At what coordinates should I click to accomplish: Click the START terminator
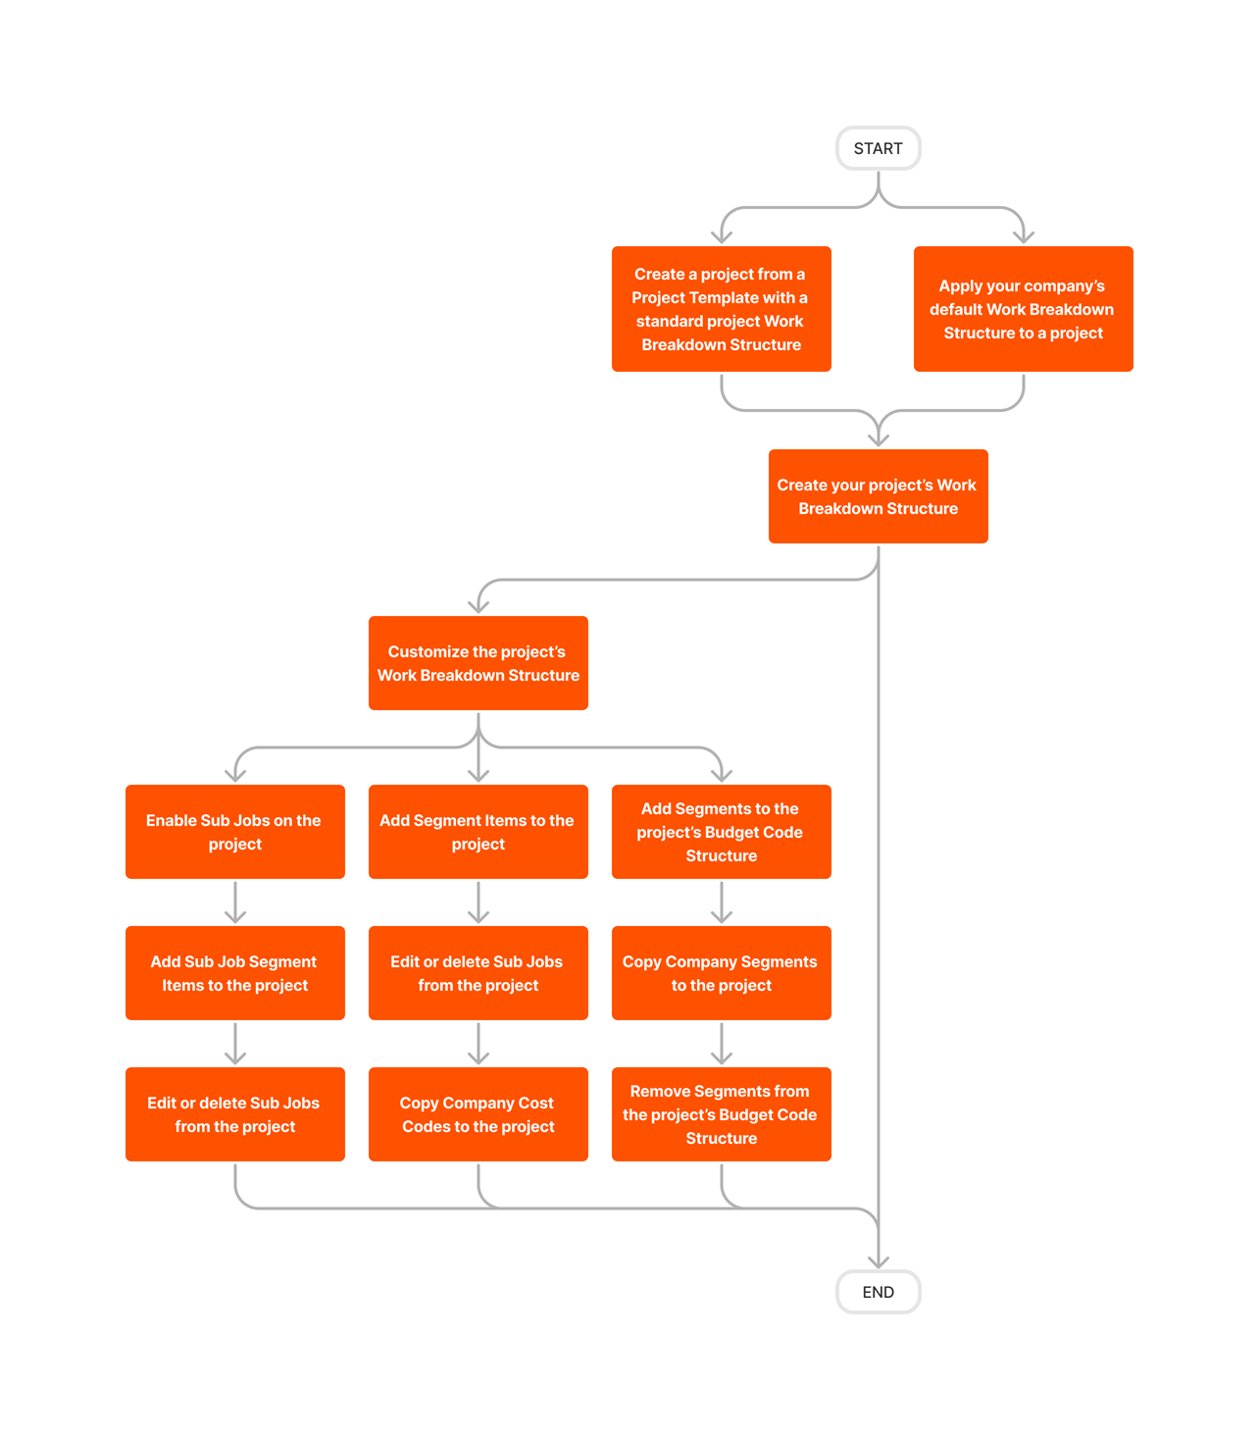tap(878, 148)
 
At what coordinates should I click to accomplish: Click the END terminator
tap(878, 1292)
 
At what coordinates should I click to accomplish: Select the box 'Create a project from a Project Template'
tap(721, 309)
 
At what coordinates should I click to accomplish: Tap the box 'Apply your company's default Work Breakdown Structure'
tap(1023, 309)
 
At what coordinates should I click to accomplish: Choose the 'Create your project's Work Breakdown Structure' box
tap(878, 496)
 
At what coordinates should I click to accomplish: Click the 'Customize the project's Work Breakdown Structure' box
tap(478, 663)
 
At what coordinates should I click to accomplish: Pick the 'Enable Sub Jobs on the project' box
tap(234, 832)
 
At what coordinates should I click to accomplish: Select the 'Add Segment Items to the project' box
tap(478, 832)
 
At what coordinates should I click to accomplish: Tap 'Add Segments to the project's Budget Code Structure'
tap(721, 832)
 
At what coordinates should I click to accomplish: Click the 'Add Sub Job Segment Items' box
tap(234, 973)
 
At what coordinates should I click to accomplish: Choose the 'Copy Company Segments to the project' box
tap(721, 973)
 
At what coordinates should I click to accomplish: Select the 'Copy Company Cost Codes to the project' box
tap(478, 1114)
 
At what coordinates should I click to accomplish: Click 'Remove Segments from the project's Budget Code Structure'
tap(721, 1114)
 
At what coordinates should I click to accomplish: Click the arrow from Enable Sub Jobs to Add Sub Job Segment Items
tap(235, 902)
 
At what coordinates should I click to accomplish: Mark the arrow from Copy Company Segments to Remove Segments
tap(722, 1044)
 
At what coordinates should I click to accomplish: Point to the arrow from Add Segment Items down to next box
tap(478, 902)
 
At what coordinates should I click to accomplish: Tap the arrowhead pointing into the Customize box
tap(478, 605)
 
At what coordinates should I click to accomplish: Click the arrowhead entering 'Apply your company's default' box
tap(1024, 235)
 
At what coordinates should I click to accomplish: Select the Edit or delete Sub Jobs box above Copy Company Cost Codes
tap(478, 973)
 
